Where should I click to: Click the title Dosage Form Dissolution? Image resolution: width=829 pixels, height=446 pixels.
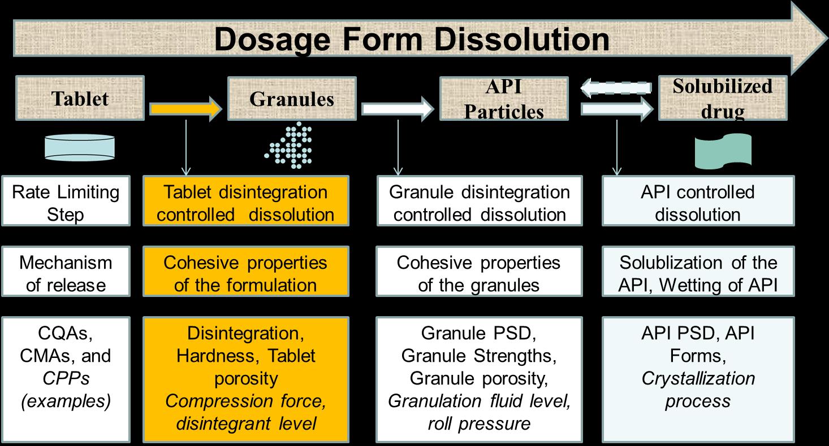tap(412, 40)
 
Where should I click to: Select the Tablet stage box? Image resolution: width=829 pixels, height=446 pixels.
tap(80, 99)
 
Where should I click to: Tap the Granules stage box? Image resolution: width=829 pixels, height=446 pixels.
tap(292, 99)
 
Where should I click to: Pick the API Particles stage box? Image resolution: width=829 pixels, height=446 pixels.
tap(503, 99)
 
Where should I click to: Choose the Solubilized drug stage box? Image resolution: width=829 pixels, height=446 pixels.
tap(722, 99)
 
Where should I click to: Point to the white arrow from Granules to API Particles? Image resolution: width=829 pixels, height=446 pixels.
tap(398, 108)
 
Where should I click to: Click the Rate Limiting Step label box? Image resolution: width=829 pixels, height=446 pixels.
tap(66, 203)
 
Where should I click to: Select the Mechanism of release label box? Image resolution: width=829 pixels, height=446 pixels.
tap(66, 274)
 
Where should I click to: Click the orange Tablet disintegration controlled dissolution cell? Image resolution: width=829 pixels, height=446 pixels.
tap(245, 203)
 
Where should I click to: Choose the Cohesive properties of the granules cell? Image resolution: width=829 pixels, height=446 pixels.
tap(479, 274)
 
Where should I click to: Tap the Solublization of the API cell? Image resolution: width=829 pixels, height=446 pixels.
tap(698, 274)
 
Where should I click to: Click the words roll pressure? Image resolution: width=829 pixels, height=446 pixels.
tap(479, 423)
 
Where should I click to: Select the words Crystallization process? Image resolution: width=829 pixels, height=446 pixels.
tap(698, 390)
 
